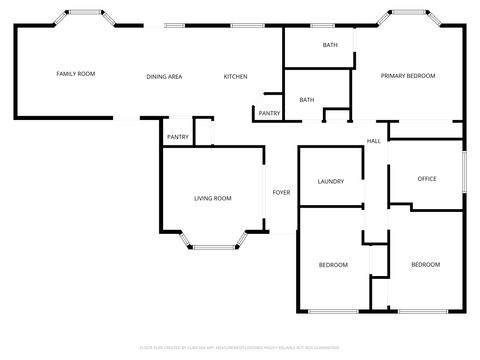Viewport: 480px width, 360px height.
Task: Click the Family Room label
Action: point(75,75)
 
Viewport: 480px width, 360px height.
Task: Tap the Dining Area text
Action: point(164,77)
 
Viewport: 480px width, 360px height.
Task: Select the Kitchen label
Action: point(235,77)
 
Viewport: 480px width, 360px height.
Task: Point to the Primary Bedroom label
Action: point(407,76)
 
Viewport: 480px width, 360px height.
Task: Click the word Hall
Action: point(373,140)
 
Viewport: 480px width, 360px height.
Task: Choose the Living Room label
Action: point(212,198)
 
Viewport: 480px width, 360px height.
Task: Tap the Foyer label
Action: point(281,192)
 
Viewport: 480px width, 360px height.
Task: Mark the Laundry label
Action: point(330,181)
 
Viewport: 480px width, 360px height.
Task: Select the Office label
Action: point(426,179)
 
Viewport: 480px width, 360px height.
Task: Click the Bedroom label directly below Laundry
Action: point(332,264)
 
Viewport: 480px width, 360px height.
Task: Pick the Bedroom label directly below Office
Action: point(425,264)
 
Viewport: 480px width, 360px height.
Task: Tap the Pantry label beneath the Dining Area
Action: point(178,137)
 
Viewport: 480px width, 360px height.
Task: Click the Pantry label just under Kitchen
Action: point(269,113)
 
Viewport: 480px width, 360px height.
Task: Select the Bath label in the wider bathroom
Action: point(329,46)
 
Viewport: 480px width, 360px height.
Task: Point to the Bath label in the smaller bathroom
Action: point(307,100)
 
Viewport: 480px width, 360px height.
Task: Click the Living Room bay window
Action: point(212,242)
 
